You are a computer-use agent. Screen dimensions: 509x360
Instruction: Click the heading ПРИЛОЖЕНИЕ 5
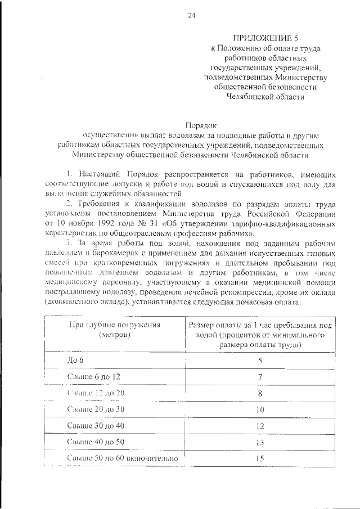pyautogui.click(x=259, y=38)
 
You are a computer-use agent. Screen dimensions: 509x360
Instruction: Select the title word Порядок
pyautogui.click(x=200, y=125)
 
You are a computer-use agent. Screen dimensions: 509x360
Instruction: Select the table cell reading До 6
pyautogui.click(x=74, y=359)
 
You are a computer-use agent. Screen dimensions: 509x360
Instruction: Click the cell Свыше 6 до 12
pyautogui.click(x=93, y=376)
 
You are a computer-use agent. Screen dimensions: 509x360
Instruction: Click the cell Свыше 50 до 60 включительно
pyautogui.click(x=122, y=458)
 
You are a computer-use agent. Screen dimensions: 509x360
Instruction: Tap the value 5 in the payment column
pyautogui.click(x=260, y=360)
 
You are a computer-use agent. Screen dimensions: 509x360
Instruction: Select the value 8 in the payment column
pyautogui.click(x=260, y=393)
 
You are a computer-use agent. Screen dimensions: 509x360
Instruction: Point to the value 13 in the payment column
pyautogui.click(x=260, y=442)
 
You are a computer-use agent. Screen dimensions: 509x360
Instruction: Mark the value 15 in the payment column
pyautogui.click(x=260, y=458)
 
